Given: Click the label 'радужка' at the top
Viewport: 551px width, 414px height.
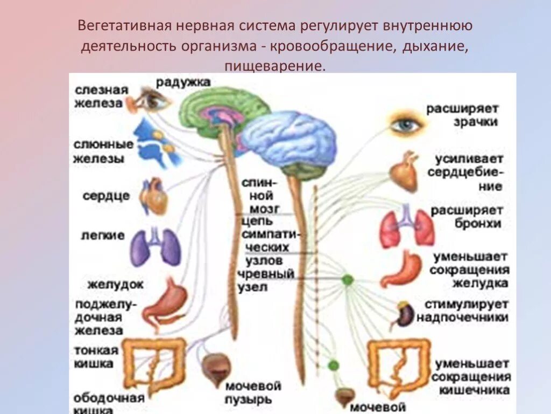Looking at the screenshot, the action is pyautogui.click(x=183, y=82).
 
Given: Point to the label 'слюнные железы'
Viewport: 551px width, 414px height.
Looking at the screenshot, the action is pyautogui.click(x=104, y=151).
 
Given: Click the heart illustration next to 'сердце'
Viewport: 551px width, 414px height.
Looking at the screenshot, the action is pyautogui.click(x=154, y=196).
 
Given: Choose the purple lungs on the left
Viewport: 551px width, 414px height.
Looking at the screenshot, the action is pyautogui.click(x=156, y=247).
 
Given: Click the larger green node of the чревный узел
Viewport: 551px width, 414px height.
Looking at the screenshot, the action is pyautogui.click(x=347, y=280).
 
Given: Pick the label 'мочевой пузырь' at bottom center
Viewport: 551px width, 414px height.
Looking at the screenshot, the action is pyautogui.click(x=253, y=392).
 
